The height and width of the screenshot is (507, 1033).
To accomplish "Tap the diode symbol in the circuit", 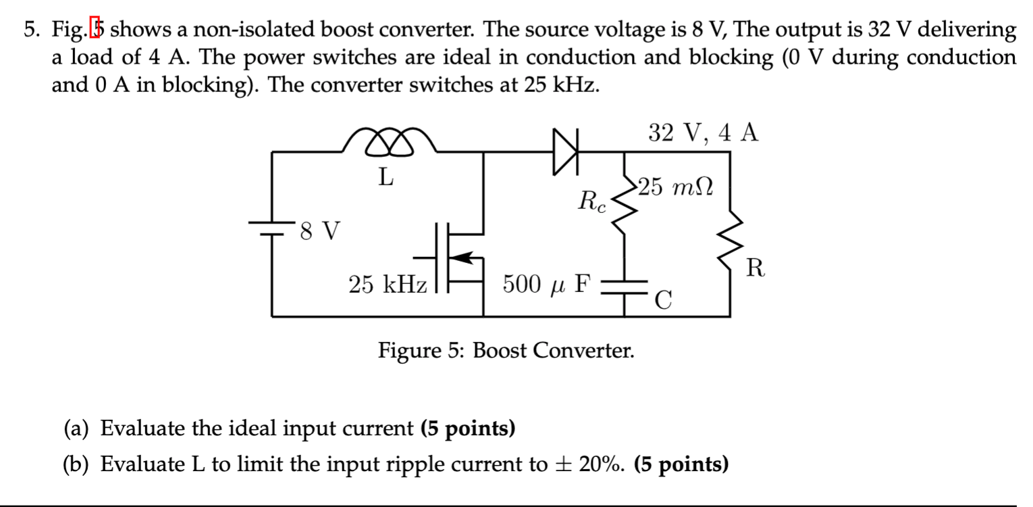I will (566, 153).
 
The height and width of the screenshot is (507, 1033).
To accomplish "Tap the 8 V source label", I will (321, 232).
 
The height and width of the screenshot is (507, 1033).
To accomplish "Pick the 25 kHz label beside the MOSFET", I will (388, 285).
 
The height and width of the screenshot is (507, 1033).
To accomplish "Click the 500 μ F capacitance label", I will (546, 285).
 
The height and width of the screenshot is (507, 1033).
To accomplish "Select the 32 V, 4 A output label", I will (703, 132).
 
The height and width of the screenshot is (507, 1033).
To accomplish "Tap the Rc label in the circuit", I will (593, 201).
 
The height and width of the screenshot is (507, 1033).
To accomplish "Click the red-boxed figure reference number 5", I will (98, 30).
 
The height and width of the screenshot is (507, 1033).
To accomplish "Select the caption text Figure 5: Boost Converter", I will (506, 351).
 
